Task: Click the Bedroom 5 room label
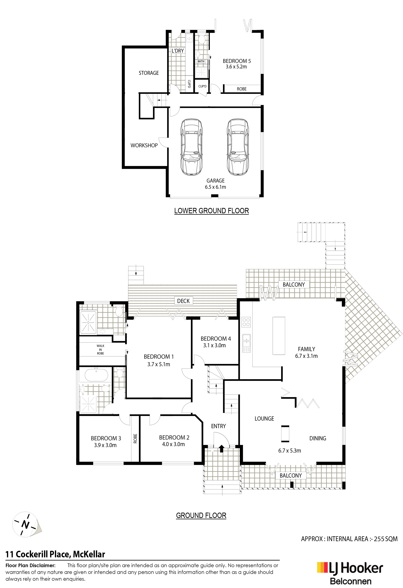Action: coord(237,61)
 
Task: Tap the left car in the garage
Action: coord(191,147)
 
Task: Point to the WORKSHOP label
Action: coord(144,145)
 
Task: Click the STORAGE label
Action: coord(149,73)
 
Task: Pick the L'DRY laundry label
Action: coord(178,51)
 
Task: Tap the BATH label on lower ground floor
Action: coord(201,61)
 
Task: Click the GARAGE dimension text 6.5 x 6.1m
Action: coord(215,187)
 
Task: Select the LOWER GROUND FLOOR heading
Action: coord(211,211)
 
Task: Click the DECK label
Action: coord(183,301)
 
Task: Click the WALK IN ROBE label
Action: coord(101,349)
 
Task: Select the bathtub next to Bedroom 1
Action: coord(96,375)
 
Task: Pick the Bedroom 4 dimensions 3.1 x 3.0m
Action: coord(214,345)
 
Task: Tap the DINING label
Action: coord(318,438)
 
